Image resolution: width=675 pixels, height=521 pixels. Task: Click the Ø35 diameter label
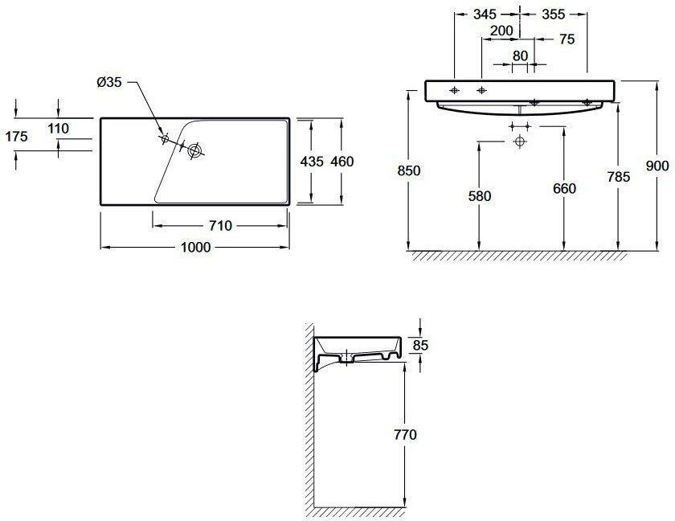tap(109, 82)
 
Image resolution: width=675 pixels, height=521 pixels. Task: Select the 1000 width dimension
tap(196, 247)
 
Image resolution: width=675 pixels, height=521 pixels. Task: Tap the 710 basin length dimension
tap(220, 226)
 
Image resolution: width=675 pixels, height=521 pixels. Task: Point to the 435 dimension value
tap(311, 162)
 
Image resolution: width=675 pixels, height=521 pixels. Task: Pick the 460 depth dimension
tap(342, 162)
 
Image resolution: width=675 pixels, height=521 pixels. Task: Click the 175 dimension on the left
tap(16, 137)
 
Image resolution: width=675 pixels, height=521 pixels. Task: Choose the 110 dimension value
tap(59, 129)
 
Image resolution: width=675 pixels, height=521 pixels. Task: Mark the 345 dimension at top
tap(485, 14)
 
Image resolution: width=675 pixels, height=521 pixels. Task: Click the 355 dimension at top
tap(553, 14)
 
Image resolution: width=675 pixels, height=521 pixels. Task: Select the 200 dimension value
tap(502, 31)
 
